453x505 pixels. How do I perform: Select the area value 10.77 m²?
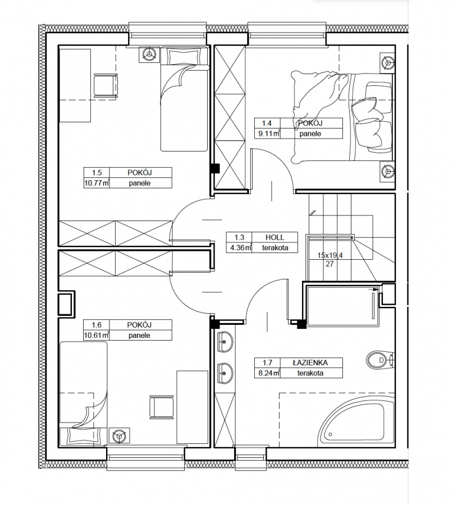97,183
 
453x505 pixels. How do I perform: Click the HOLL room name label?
275,237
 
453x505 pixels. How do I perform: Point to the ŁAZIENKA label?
310,362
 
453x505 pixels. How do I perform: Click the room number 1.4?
267,123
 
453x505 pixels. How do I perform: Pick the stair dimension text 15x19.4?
330,255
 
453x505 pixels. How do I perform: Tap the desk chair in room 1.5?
106,85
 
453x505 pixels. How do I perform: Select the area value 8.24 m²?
267,373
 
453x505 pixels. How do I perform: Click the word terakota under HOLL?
275,248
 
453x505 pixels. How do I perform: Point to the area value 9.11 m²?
268,134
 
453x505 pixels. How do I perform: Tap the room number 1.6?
97,325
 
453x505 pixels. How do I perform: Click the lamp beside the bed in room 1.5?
149,54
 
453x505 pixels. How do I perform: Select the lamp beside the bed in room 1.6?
120,437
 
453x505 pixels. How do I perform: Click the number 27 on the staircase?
330,264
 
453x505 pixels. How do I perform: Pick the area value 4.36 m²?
239,248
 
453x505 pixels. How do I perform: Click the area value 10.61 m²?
97,336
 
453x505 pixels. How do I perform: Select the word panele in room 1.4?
310,134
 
